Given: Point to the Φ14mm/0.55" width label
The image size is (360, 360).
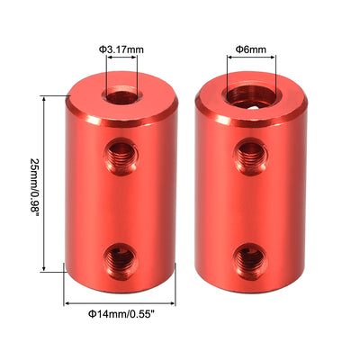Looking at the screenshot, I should pyautogui.click(x=120, y=315).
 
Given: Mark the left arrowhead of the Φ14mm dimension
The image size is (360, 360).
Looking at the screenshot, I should pyautogui.click(x=67, y=301).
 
